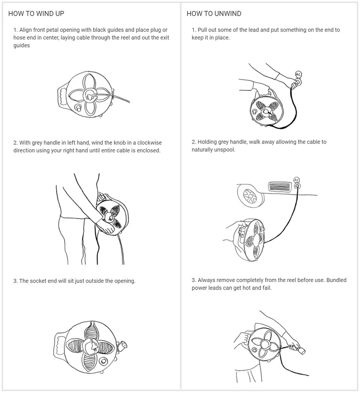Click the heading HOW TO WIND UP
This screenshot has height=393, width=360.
[36, 14]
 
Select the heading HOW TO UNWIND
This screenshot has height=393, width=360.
[214, 14]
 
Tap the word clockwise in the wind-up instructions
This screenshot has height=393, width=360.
[149, 142]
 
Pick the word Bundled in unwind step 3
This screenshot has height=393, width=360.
[337, 280]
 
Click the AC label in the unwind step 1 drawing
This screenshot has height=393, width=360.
[298, 74]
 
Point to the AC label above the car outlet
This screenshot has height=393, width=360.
[297, 180]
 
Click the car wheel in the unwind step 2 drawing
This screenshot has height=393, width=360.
[250, 196]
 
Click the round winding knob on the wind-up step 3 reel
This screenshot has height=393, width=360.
[103, 362]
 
